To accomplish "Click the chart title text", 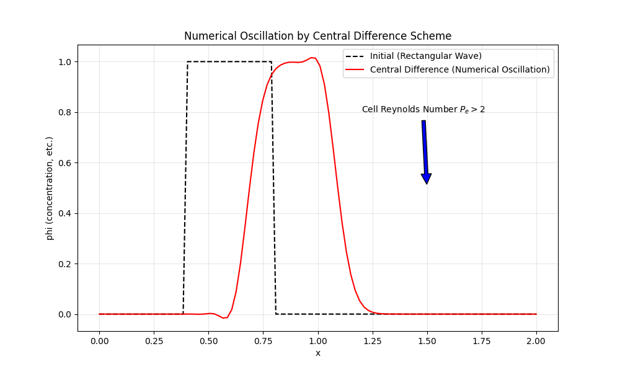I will [317, 36].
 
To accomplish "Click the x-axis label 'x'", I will [317, 353].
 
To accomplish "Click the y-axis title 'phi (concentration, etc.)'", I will [50, 188].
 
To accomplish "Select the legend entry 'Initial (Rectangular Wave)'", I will [426, 56].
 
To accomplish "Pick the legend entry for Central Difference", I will [459, 69].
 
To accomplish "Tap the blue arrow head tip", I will [427, 184].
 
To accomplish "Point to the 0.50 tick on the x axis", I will [208, 340].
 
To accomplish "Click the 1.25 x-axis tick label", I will [372, 340].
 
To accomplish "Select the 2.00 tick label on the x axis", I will [536, 340].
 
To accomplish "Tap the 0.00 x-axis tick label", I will [99, 340].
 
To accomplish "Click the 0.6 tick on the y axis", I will [64, 163].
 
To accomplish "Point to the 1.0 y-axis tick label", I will [64, 62].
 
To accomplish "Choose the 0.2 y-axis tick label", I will [64, 264].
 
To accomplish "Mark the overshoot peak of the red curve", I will [313, 58].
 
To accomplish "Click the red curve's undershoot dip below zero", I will [225, 317].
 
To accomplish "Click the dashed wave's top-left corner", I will [187, 61].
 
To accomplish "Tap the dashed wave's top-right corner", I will [272, 61].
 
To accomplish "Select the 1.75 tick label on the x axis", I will [481, 340].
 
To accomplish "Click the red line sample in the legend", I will [356, 69].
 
